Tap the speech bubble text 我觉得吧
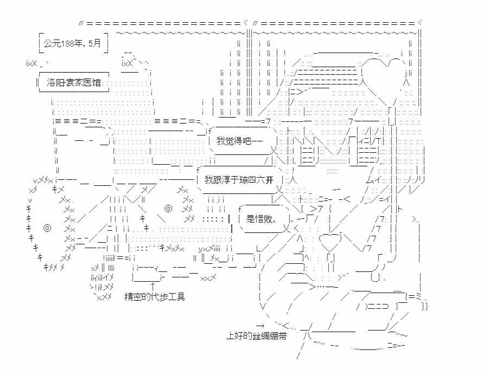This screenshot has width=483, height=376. coord(233,141)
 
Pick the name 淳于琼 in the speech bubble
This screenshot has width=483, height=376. coord(244,179)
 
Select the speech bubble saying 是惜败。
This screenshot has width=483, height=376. coord(262,219)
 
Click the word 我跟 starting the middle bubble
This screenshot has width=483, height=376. coord(215,179)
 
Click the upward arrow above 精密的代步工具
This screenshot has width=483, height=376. coord(152,286)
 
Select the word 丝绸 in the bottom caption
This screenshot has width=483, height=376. coord(263,336)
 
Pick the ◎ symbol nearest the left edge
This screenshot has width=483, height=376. coord(47,228)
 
